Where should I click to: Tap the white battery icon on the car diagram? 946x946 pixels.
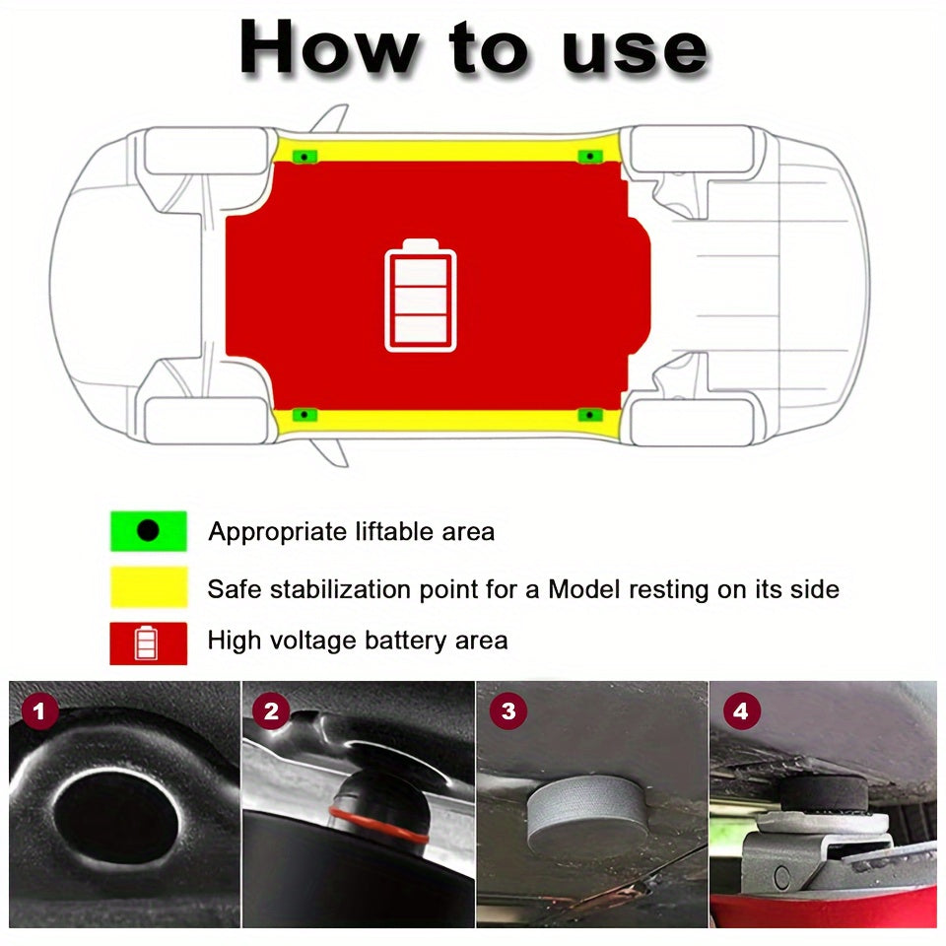(421, 296)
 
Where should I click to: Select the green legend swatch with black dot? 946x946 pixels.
(148, 531)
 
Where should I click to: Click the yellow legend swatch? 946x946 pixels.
(148, 587)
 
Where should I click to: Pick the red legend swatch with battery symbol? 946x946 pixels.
(148, 642)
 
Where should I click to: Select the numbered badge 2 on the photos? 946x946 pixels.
(270, 709)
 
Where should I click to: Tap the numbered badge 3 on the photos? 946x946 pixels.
(507, 709)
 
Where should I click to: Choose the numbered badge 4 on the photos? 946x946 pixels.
(741, 709)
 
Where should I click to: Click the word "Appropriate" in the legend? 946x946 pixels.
(277, 532)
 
